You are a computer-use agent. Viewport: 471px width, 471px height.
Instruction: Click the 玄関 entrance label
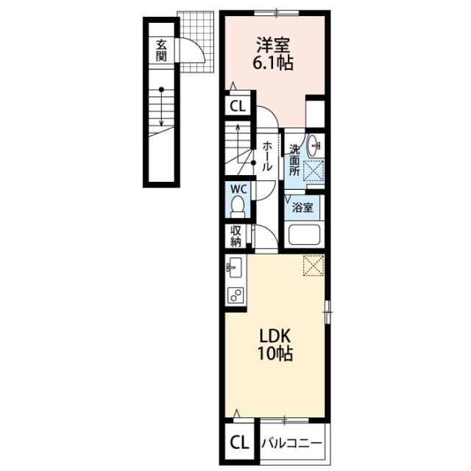[x=161, y=50]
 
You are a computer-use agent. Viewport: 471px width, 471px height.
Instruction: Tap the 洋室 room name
[x=273, y=46]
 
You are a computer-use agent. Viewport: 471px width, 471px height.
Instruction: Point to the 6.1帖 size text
[x=273, y=63]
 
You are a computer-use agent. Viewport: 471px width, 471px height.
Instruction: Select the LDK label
[x=275, y=336]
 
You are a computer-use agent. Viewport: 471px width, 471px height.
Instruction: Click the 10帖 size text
[x=275, y=353]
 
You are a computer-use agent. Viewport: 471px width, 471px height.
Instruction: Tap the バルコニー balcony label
[x=291, y=444]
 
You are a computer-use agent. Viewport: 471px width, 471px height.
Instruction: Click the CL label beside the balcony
[x=240, y=443]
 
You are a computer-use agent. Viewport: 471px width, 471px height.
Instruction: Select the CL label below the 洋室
[x=238, y=106]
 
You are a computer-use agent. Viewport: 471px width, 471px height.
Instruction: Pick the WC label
[x=238, y=189]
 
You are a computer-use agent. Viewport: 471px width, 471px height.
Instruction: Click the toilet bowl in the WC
[x=238, y=206]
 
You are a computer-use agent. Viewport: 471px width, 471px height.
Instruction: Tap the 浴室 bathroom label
[x=302, y=208]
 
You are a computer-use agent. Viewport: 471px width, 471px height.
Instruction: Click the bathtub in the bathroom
[x=304, y=234]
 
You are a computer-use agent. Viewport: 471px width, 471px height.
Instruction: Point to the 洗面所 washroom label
[x=294, y=160]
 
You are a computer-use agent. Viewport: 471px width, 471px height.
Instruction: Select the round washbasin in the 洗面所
[x=314, y=146]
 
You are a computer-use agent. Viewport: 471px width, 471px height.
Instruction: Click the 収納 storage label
[x=235, y=236]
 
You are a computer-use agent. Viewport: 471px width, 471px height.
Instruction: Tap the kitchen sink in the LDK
[x=234, y=267]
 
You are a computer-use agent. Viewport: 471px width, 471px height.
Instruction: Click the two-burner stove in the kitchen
[x=236, y=294]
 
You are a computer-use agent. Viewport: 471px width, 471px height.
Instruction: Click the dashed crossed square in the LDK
[x=314, y=265]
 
